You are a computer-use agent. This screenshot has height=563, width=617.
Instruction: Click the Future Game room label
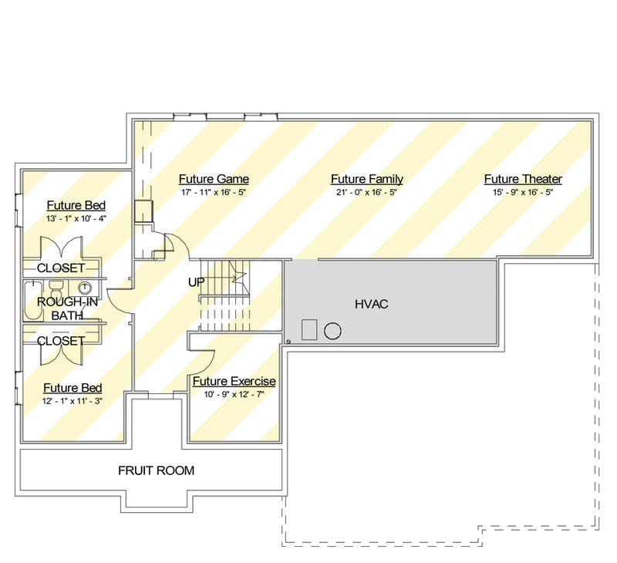[x=214, y=179]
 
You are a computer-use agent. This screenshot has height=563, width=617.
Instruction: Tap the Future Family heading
[x=367, y=179]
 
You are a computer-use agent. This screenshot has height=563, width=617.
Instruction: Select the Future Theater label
[x=523, y=179]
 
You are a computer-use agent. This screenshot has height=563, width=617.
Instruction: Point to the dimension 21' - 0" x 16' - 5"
[x=367, y=192]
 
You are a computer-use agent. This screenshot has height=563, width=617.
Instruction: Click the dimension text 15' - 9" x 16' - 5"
[x=523, y=192]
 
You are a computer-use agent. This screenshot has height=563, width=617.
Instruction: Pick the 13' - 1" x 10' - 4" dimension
[x=76, y=219]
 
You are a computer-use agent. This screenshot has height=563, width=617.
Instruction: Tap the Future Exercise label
[x=234, y=381]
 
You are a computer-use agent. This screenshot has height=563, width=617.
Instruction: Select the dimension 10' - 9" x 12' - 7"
[x=234, y=394]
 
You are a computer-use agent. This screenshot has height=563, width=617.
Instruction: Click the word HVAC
[x=372, y=304]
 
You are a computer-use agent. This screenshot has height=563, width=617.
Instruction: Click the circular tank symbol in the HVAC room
[x=332, y=332]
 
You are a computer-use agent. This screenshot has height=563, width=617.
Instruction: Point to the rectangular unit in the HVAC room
[x=309, y=329]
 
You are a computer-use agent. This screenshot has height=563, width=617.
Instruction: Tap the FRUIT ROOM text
[x=157, y=470]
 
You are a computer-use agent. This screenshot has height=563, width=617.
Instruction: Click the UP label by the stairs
[x=197, y=282]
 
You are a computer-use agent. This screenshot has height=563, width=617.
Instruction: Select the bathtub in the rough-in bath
[x=33, y=301]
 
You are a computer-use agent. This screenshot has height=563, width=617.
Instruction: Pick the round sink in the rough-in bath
[x=85, y=288]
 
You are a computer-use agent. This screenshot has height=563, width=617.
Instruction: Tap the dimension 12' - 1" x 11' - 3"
[x=72, y=401]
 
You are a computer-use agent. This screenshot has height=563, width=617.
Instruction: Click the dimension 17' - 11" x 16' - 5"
[x=214, y=192]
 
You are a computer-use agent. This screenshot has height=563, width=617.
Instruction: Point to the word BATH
[x=67, y=315]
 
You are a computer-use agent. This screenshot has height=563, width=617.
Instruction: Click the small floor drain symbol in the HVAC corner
[x=288, y=342]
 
